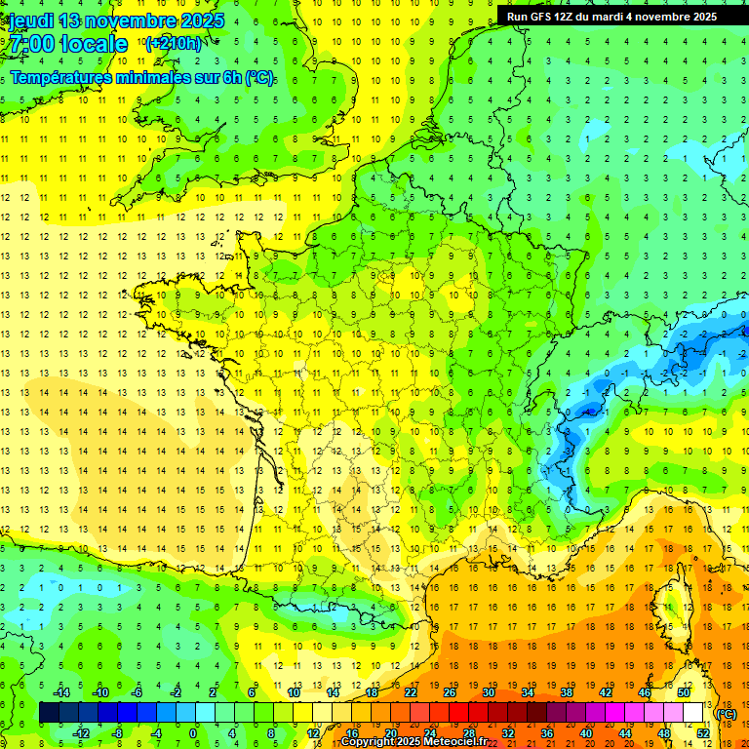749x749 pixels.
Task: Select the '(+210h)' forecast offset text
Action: (x=173, y=43)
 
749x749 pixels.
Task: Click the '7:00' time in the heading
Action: (x=29, y=44)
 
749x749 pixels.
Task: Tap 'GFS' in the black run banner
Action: (x=542, y=17)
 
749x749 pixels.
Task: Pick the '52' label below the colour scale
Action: (x=703, y=732)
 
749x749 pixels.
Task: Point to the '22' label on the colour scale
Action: (x=411, y=692)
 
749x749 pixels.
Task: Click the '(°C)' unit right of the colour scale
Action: (x=727, y=713)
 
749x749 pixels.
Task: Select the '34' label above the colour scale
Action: (x=528, y=692)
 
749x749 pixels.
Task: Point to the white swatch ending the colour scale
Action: (x=693, y=713)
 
